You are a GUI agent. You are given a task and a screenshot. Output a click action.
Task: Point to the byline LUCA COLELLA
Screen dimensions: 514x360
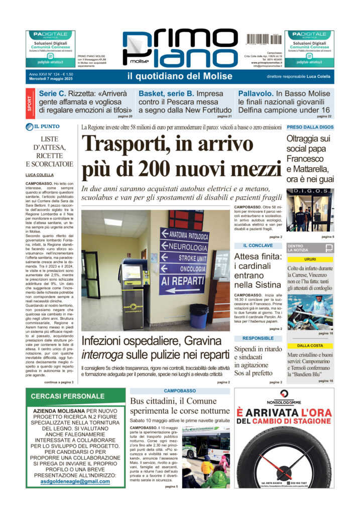[x=41, y=175]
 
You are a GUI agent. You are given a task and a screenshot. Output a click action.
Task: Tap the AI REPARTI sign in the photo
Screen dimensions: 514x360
[x=189, y=280]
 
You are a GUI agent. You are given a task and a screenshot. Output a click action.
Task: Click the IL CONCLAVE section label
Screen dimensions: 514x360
[x=259, y=245]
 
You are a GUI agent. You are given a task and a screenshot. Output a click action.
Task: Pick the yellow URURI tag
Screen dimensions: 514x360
[x=310, y=259]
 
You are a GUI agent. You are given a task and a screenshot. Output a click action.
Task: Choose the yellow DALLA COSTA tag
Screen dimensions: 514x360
[x=310, y=345]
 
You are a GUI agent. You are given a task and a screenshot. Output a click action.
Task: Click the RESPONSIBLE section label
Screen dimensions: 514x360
[x=259, y=338]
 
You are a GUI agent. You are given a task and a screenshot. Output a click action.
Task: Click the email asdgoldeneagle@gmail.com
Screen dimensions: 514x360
[x=75, y=481]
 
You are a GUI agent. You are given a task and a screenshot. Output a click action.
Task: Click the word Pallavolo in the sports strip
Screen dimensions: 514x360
[x=256, y=94]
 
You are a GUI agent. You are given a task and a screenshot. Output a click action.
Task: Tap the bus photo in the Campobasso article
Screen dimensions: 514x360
[x=205, y=456]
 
